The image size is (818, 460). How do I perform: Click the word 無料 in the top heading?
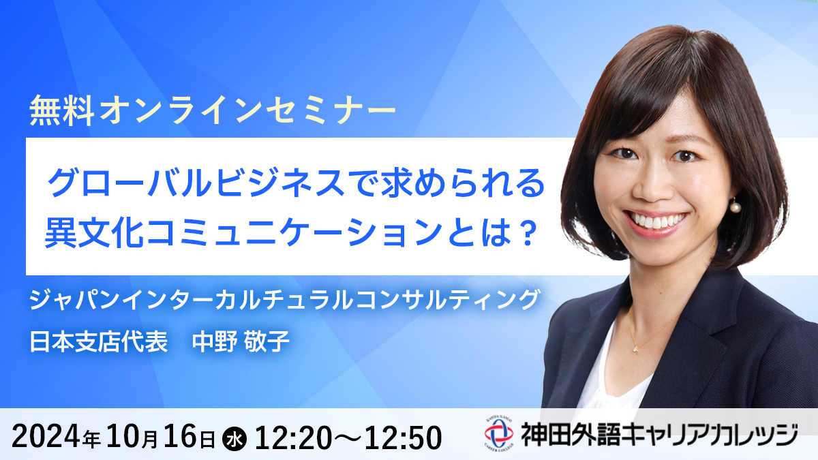pos(61,110)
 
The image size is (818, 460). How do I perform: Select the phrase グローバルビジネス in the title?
pos(196,183)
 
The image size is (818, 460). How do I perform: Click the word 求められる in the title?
pos(463,183)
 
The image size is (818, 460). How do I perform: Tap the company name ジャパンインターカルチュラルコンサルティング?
pos(284,300)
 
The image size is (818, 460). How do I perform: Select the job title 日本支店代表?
pos(99,341)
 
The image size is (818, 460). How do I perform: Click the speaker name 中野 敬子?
pos(241,341)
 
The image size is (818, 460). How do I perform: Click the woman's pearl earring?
pos(735,207)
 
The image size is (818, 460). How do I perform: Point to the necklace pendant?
pos(636,349)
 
